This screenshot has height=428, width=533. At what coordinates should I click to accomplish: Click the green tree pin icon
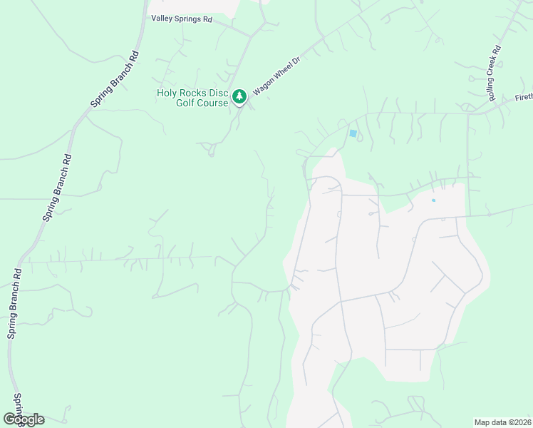(x=240, y=95)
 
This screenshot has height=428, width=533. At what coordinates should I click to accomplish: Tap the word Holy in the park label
(x=167, y=93)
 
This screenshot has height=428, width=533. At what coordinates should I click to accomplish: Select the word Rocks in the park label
(x=195, y=93)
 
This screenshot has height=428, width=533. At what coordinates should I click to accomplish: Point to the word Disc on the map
(x=219, y=93)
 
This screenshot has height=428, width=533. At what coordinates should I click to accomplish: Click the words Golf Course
(x=202, y=103)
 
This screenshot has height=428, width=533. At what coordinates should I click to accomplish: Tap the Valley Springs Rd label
(x=182, y=20)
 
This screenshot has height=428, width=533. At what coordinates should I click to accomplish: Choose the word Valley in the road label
(x=162, y=20)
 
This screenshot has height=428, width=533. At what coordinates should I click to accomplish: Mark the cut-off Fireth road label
(x=522, y=97)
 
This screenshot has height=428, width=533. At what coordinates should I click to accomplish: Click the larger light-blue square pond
(x=353, y=133)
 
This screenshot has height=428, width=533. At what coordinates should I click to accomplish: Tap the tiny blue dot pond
(x=433, y=200)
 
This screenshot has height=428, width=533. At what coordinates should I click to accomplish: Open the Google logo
(x=24, y=419)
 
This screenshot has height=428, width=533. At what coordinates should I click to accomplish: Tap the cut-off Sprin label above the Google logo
(x=17, y=404)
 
